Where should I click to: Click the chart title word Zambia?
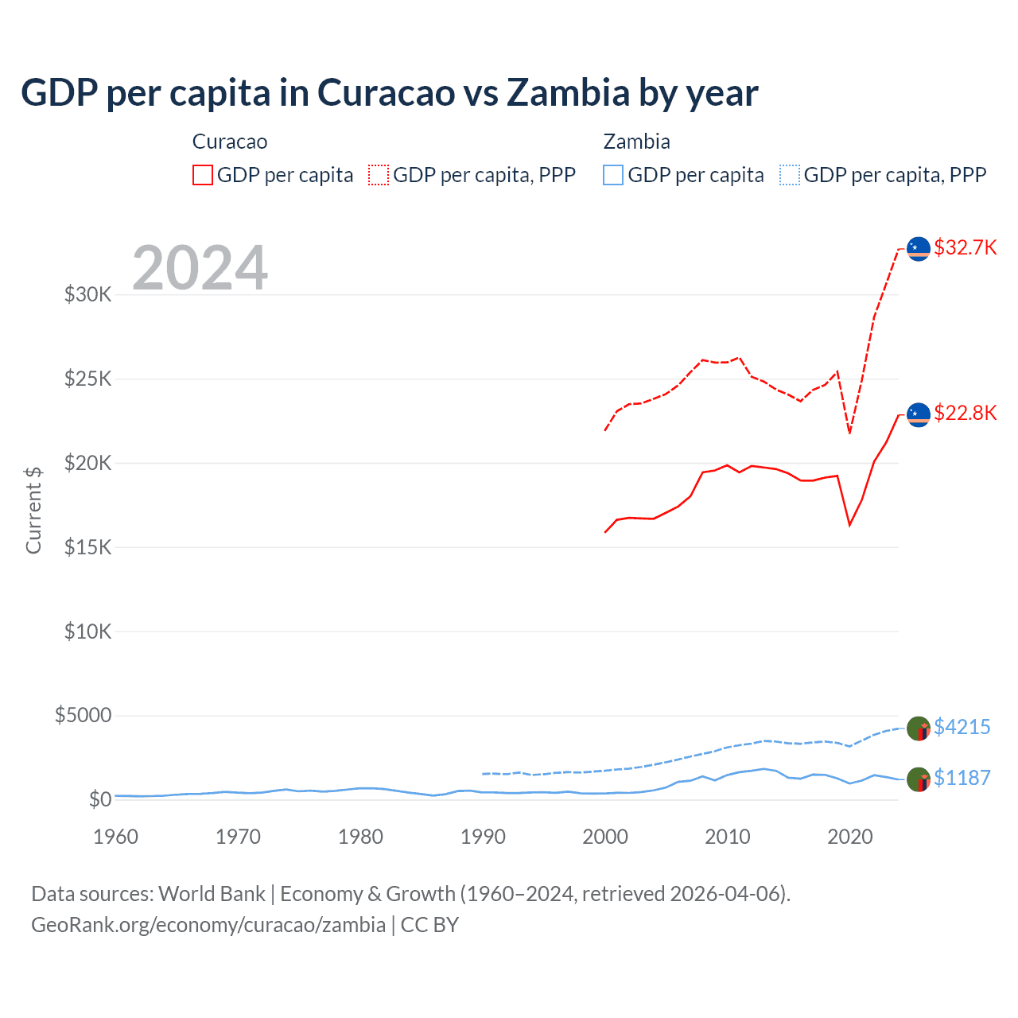(568, 92)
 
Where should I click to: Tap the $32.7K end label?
(965, 247)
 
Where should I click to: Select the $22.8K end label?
(965, 413)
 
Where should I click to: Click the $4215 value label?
(962, 727)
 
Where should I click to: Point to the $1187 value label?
(962, 778)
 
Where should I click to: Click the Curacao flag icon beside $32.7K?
(919, 249)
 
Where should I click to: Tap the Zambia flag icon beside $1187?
(919, 780)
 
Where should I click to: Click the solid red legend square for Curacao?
(203, 175)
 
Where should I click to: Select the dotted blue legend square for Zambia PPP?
(790, 175)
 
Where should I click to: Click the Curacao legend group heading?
(230, 142)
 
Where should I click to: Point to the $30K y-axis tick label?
(88, 295)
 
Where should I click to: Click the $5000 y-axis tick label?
(84, 715)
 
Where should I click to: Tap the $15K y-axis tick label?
(88, 547)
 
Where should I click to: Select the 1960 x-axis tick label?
(116, 837)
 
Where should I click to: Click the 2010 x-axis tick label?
(728, 837)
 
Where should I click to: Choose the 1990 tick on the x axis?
(483, 837)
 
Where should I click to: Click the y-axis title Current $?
(33, 510)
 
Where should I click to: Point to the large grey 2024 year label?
(200, 268)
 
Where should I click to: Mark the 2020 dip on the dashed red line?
(850, 433)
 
